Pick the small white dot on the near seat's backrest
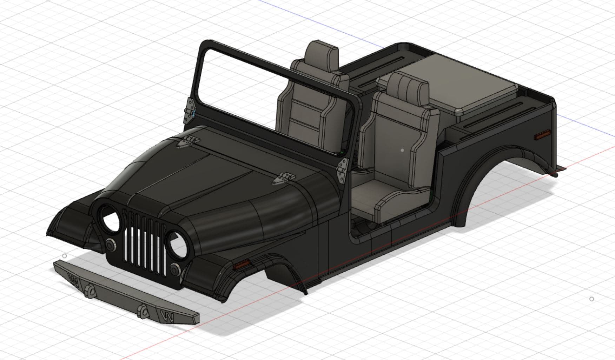coord(402,150)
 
